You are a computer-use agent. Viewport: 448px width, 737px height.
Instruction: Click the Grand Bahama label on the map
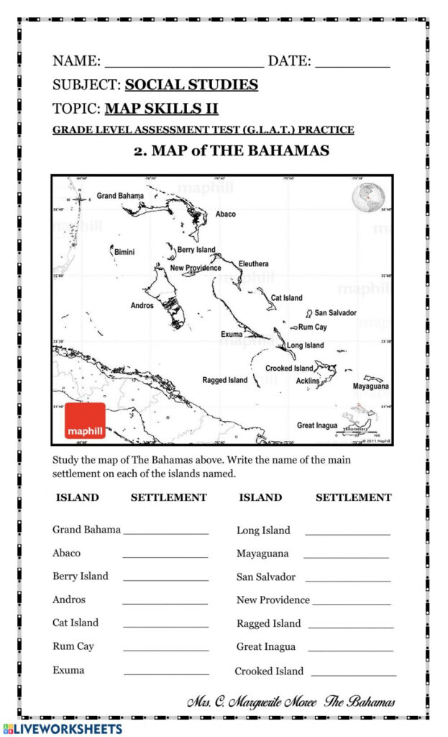click(120, 196)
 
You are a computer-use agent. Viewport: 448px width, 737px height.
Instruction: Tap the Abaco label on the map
click(225, 214)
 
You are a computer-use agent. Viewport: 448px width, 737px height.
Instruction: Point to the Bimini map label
click(124, 252)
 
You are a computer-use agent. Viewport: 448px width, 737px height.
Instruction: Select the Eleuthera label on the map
click(253, 264)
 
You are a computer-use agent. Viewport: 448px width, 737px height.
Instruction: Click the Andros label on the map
click(142, 305)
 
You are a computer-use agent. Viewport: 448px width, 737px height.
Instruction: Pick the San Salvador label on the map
click(335, 313)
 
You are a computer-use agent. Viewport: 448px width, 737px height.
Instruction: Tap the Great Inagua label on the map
click(317, 425)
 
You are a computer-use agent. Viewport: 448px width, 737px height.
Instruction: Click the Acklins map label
click(308, 381)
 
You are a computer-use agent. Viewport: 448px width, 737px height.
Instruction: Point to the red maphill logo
click(85, 421)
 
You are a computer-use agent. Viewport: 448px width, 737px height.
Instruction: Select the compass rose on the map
click(78, 199)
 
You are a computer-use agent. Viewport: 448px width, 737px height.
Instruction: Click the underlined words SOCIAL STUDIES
click(191, 85)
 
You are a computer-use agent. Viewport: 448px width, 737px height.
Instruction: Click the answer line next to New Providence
click(352, 603)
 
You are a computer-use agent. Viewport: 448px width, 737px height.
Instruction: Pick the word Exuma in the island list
click(68, 670)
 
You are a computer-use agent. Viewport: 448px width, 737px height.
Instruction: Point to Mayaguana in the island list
click(262, 553)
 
